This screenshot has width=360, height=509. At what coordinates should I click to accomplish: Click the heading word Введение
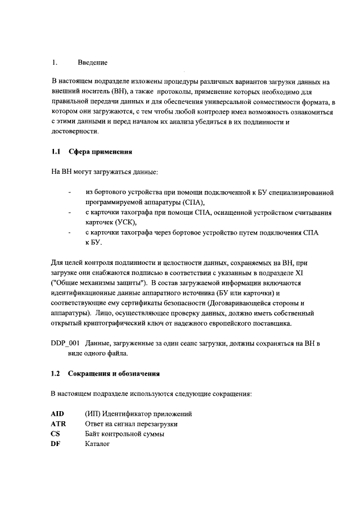click(92, 62)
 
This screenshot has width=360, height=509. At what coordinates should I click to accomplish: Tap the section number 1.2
click(55, 373)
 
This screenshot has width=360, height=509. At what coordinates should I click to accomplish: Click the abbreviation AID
click(57, 414)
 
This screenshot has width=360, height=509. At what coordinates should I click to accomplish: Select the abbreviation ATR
click(58, 424)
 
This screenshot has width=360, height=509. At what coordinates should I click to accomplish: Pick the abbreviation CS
click(55, 434)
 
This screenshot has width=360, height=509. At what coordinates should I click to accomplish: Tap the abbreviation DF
click(55, 444)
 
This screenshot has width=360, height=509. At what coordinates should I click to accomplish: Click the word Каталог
click(97, 444)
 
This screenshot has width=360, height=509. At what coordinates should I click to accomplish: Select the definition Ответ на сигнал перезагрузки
click(131, 424)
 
